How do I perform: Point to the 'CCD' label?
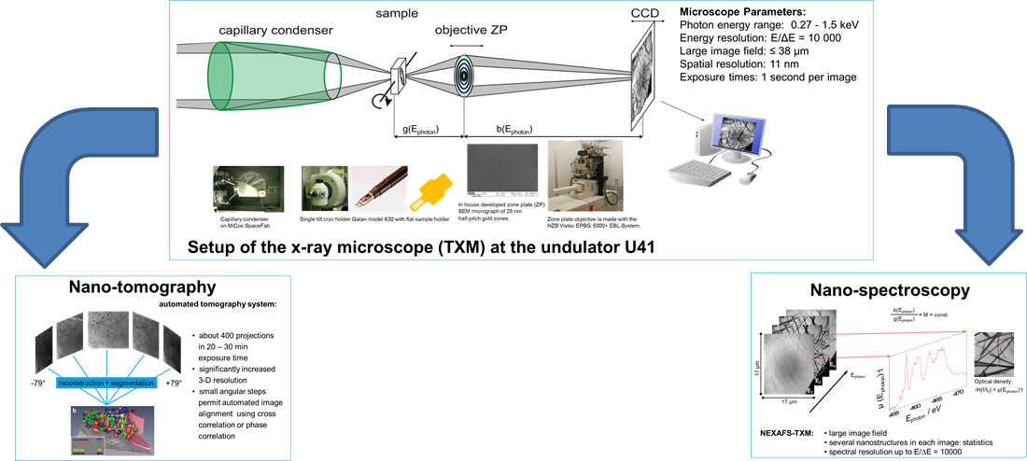tap(643, 11)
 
